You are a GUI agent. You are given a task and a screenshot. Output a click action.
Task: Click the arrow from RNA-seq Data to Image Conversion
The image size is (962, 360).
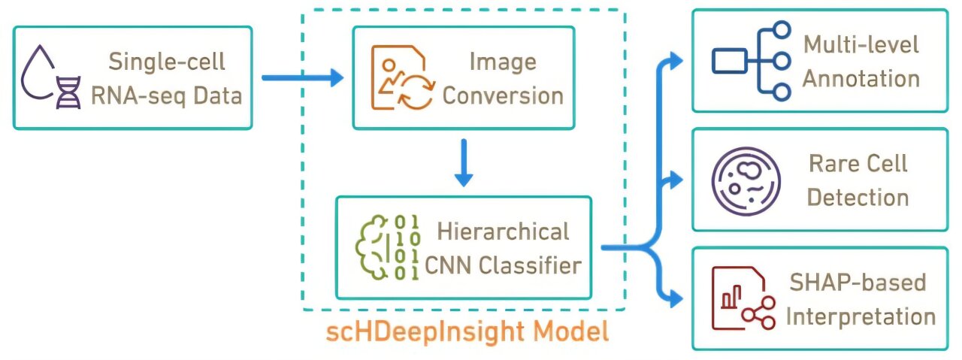coord(301,77)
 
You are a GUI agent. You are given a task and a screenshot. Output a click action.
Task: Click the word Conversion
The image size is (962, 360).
coord(503,95)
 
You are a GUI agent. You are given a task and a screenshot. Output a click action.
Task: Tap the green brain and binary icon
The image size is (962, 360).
coord(386,247)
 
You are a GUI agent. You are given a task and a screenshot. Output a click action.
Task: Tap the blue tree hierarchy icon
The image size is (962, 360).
coord(752,61)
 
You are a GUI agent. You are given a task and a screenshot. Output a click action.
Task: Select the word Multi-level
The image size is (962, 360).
coord(861,44)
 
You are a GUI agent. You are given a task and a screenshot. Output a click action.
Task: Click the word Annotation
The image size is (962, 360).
coord(861,78)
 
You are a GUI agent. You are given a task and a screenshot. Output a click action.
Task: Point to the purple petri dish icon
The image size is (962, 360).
coord(744,180)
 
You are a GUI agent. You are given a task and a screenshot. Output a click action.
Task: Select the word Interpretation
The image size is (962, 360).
coord(861,316)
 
